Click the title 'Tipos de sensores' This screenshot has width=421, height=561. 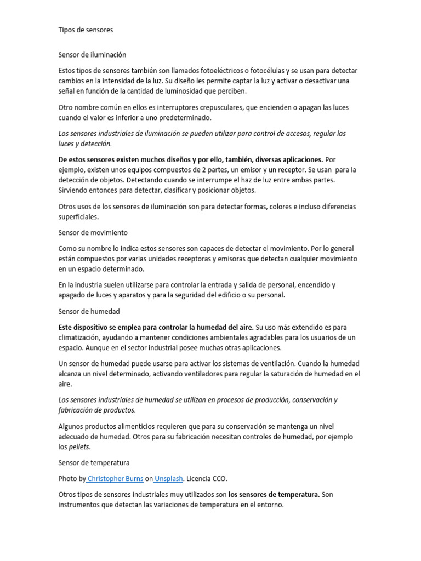click(86, 30)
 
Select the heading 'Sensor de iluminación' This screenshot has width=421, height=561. click(92, 55)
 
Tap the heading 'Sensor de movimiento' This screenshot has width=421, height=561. click(93, 232)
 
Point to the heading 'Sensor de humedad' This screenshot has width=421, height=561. click(89, 311)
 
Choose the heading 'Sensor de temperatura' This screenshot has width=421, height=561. click(94, 462)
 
